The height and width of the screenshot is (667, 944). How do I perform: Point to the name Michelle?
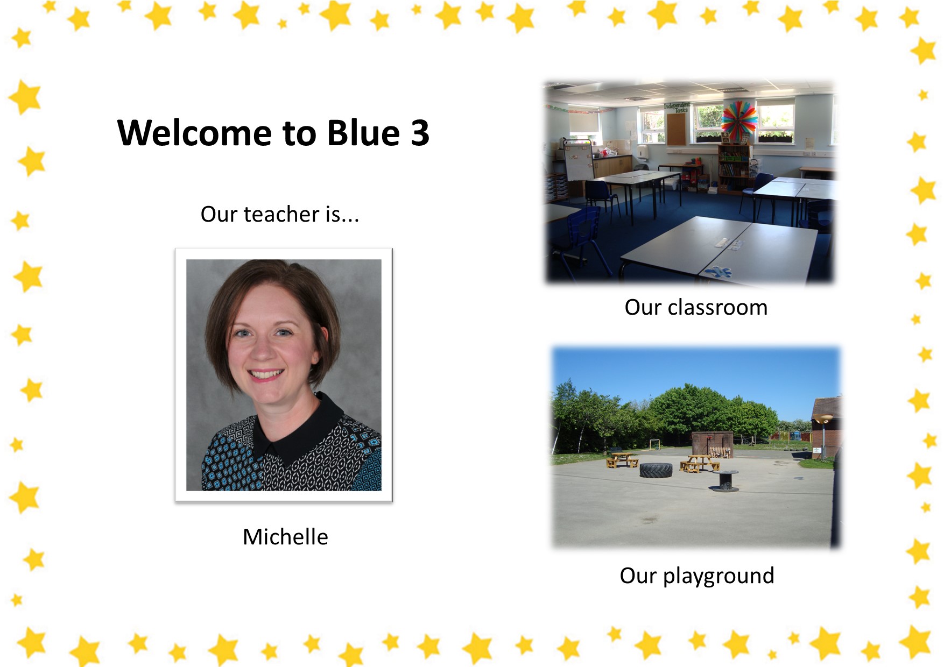click(x=285, y=537)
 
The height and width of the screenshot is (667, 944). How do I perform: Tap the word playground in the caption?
click(x=718, y=576)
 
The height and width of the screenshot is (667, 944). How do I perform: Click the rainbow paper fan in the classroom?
click(x=739, y=119)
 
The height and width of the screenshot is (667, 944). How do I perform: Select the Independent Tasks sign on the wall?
click(x=677, y=107)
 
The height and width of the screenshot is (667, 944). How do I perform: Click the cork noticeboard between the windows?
click(x=676, y=129)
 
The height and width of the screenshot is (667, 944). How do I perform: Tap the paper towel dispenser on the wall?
click(x=642, y=150)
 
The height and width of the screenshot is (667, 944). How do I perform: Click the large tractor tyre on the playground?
click(x=656, y=470)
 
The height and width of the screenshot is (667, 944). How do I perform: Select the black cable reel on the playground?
click(x=724, y=480)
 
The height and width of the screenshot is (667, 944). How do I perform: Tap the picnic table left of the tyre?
click(x=622, y=460)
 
